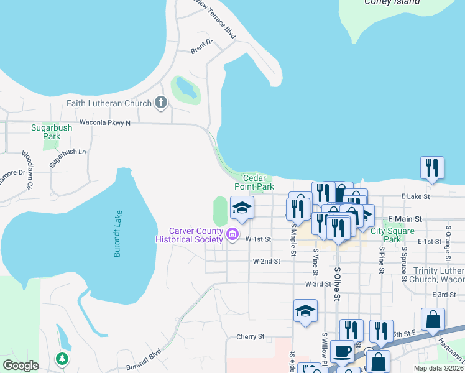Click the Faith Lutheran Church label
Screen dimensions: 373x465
click(109, 103)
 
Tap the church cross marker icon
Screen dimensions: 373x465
click(161, 103)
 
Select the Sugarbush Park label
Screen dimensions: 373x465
click(52, 132)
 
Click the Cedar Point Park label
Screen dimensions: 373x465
click(254, 182)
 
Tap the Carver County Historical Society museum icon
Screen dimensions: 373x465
click(233, 234)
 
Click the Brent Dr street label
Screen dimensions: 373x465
click(201, 47)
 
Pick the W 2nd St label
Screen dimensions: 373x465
click(267, 262)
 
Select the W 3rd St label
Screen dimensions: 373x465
click(318, 283)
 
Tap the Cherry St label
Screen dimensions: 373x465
click(251, 337)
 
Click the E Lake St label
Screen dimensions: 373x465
click(416, 196)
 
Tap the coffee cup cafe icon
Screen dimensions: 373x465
click(342, 351)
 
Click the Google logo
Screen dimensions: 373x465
click(21, 366)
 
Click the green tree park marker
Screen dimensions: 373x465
click(62, 359)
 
